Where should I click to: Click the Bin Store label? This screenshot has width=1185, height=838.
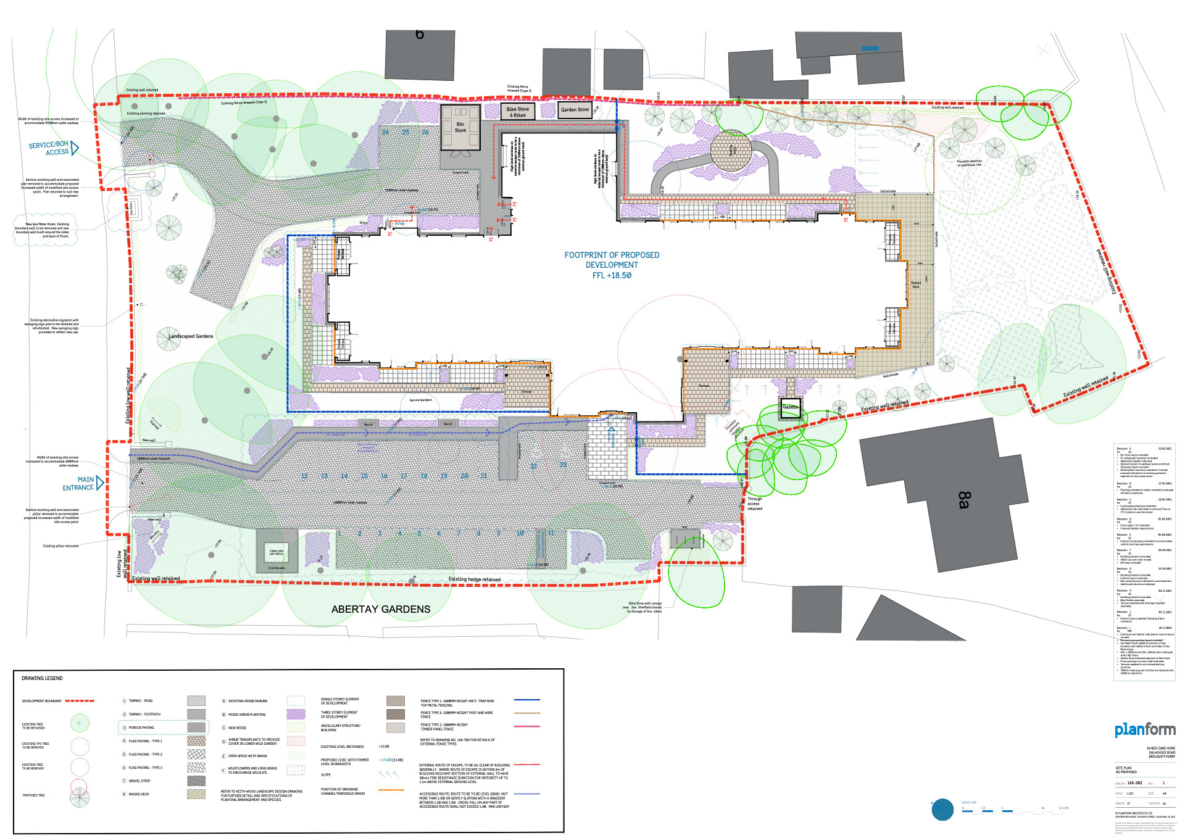click(x=460, y=127)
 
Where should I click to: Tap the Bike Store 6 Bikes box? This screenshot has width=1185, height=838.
click(x=517, y=112)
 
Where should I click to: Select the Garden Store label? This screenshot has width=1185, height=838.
click(x=575, y=110)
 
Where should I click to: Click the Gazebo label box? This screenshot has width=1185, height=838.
click(x=791, y=407)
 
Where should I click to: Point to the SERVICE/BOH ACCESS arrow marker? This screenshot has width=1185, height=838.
click(x=75, y=148)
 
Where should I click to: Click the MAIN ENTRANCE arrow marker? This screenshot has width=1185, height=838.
click(x=100, y=483)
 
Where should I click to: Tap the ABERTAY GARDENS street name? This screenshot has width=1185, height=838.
click(x=381, y=609)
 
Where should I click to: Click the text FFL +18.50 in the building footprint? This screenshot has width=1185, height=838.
click(x=612, y=276)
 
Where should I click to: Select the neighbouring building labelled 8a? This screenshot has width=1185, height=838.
click(x=963, y=500)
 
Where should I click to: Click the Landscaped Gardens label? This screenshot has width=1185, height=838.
click(x=191, y=336)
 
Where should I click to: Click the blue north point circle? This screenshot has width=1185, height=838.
click(x=942, y=809)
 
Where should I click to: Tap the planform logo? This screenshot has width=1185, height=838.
click(x=1145, y=730)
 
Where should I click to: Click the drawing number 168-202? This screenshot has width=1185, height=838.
click(x=1134, y=783)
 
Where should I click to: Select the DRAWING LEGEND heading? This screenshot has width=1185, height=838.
click(x=42, y=678)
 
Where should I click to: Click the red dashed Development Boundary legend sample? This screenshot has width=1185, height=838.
click(x=80, y=701)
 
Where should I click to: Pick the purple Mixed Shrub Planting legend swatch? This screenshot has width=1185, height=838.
click(x=296, y=714)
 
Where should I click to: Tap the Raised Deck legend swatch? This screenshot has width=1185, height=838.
click(x=196, y=794)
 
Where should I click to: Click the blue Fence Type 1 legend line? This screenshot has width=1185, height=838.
click(x=526, y=700)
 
